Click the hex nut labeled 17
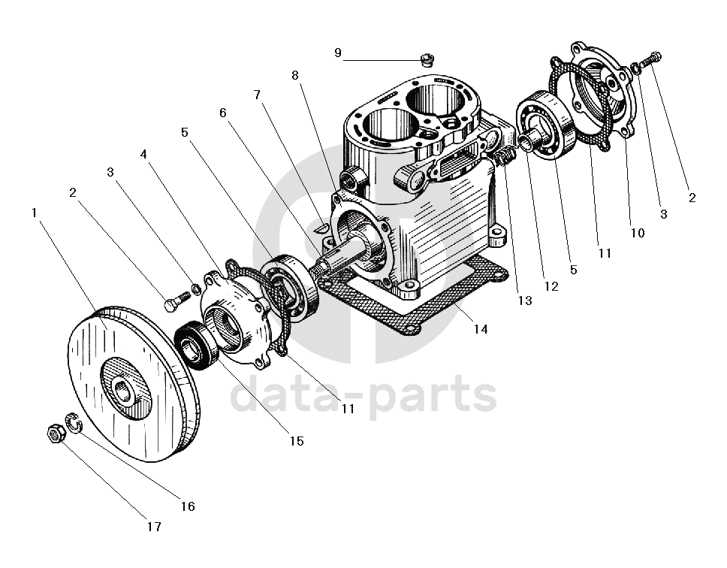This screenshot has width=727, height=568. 56,433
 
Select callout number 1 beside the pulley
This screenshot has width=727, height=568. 33,213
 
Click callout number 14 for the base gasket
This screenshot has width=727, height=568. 481,329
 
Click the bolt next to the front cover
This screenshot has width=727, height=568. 177,301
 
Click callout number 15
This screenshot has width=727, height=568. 296,441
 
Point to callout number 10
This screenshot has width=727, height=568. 638,233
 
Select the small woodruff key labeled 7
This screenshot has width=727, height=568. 321,227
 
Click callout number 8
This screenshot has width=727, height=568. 295,75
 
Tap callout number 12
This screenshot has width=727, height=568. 551,286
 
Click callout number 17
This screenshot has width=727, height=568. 154,527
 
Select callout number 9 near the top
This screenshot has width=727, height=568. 337,53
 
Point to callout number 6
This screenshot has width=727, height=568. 223,113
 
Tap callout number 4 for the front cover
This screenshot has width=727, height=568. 143,154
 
